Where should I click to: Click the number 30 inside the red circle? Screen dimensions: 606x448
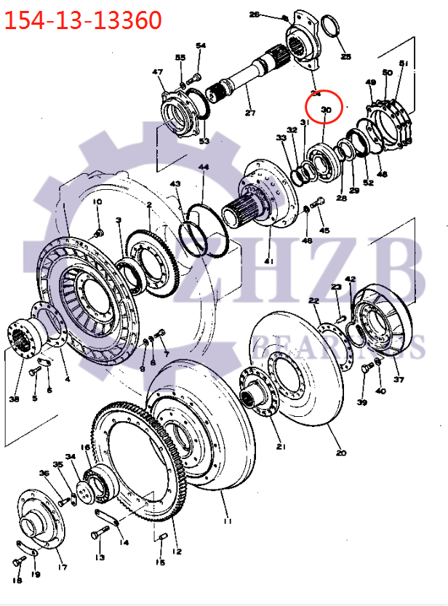326,109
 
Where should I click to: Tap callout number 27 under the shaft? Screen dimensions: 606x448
251,113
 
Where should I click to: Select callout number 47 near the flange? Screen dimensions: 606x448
157,72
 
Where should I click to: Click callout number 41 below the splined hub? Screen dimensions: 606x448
268,260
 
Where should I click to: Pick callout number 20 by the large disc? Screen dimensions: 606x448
340,452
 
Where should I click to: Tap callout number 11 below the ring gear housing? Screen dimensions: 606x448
228,521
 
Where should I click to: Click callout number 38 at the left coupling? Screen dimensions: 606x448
14,398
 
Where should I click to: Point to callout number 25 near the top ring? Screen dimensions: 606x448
345,56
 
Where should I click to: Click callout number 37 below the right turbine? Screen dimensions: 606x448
398,379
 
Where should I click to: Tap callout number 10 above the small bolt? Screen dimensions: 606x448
97,202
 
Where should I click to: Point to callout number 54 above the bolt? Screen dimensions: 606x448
201,46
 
